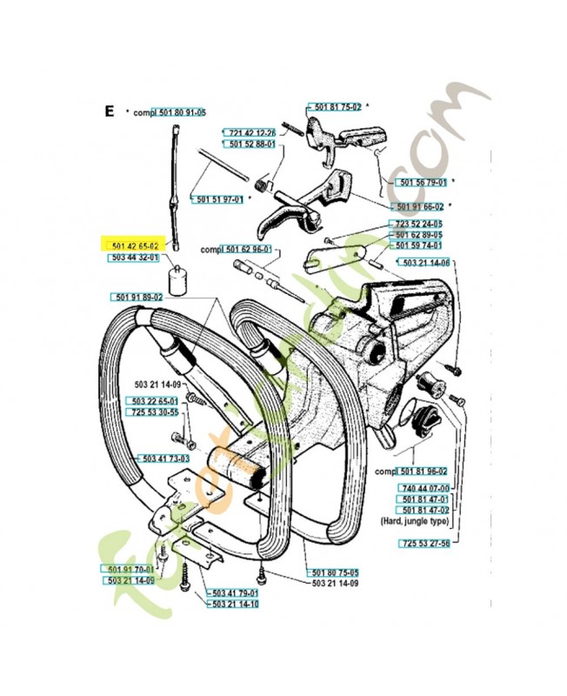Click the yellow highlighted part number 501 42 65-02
133,246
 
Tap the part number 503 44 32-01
133,258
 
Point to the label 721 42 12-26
252,132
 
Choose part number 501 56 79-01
422,183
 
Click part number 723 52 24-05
418,224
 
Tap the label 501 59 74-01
418,246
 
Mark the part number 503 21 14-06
424,263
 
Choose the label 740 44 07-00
424,488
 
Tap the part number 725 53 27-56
424,544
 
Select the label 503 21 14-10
235,603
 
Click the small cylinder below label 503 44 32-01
181,281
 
